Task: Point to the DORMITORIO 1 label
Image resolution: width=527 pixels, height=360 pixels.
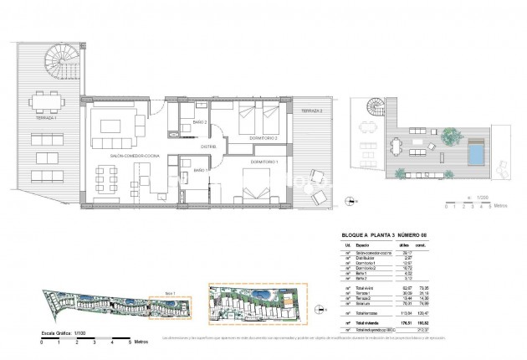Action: tap(264, 161)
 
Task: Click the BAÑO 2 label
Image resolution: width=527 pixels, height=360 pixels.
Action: tap(189, 122)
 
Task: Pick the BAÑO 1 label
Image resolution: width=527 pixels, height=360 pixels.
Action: tap(201, 171)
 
